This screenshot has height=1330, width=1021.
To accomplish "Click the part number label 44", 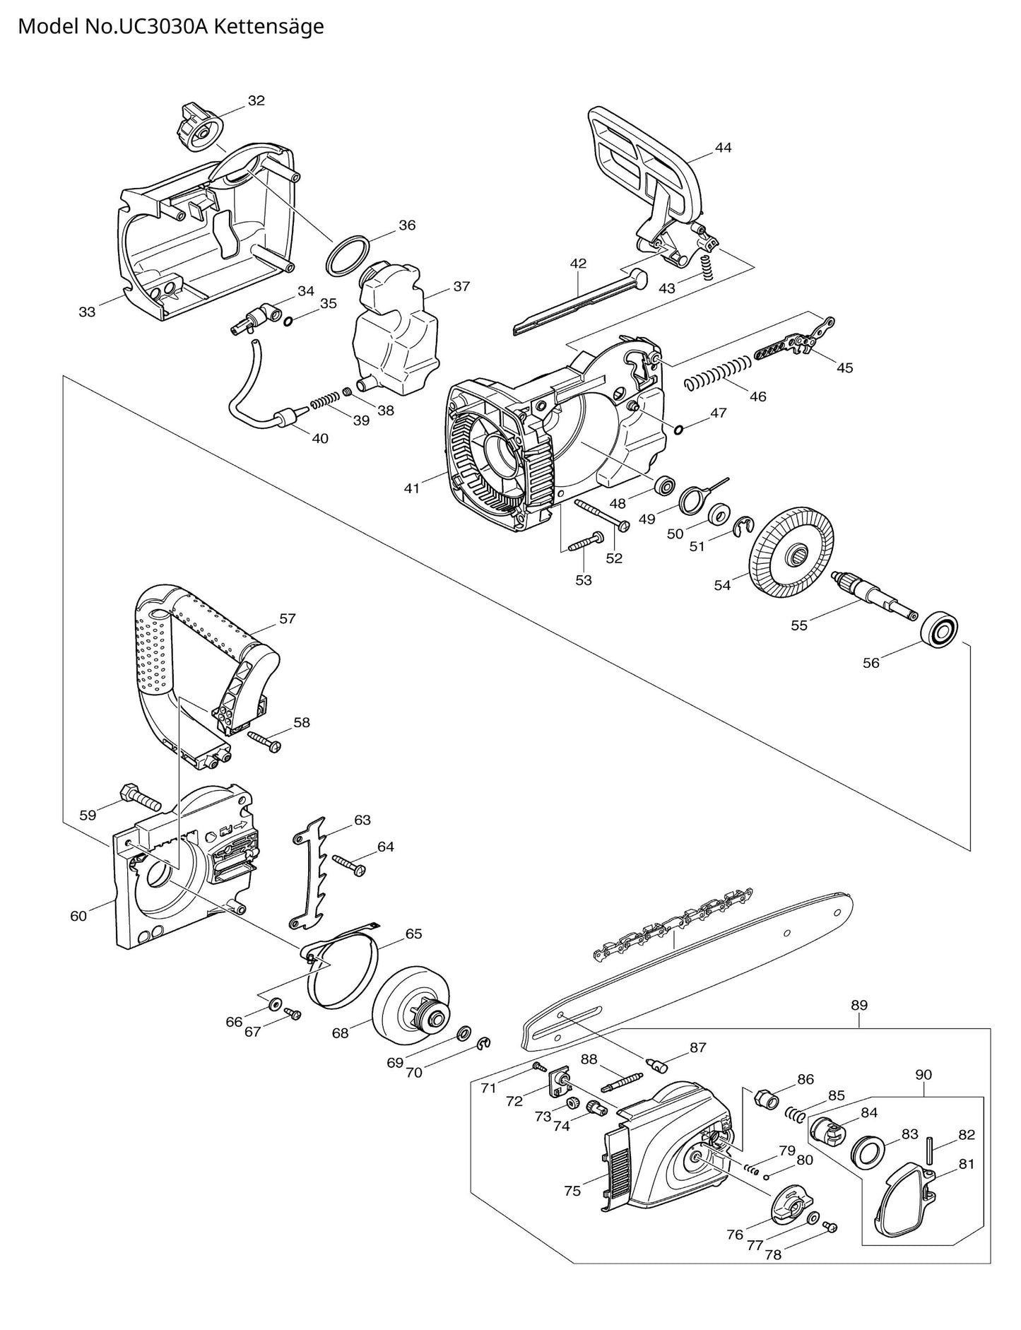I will tap(723, 148).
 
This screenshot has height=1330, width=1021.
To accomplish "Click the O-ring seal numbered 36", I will tap(348, 254).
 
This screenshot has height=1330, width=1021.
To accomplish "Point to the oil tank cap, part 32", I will tap(197, 125).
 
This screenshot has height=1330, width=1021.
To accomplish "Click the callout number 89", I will tap(859, 1005).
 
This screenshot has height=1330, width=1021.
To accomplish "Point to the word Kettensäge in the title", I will tap(268, 26).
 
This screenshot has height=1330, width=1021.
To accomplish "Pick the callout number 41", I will tap(412, 488).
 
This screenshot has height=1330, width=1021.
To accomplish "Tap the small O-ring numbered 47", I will tap(678, 430).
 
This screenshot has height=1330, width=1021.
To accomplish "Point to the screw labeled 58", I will tap(265, 740).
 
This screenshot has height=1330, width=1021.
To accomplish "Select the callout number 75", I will tap(572, 1191).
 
